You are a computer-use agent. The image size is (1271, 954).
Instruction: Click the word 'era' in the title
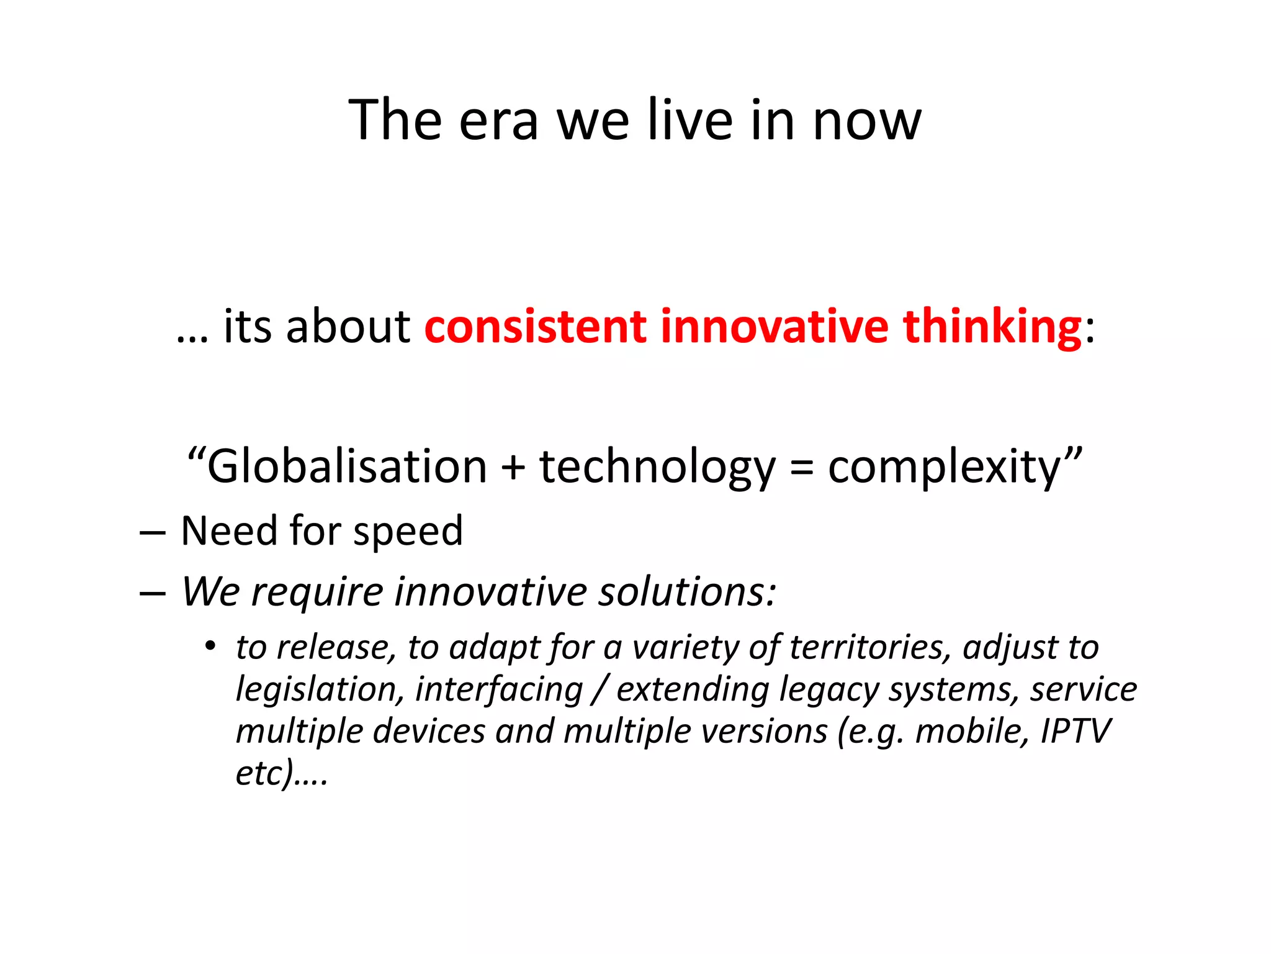coord(498,121)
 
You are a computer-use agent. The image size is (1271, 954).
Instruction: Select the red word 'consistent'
coord(535,327)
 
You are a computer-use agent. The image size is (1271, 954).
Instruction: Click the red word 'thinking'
coord(992,327)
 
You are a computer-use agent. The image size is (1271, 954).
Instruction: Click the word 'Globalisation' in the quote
coord(346,467)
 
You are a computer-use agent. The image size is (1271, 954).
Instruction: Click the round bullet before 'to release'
coord(210,647)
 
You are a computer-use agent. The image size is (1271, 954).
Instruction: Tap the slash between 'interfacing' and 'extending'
coord(599,689)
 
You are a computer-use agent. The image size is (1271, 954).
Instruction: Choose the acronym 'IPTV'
coord(1075,731)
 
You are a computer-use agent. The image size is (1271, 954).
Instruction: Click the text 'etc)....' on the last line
coord(281,773)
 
